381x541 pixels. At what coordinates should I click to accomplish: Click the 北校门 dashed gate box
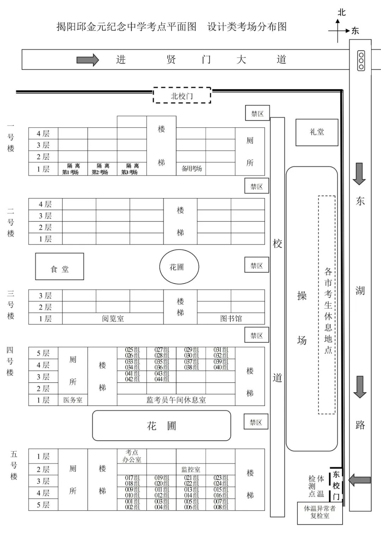tap(182, 95)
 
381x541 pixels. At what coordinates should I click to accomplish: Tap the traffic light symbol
tap(361, 60)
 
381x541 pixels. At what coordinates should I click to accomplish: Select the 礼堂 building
tap(317, 133)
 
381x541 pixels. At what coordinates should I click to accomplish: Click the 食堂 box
tap(60, 266)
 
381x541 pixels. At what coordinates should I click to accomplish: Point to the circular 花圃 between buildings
tap(179, 267)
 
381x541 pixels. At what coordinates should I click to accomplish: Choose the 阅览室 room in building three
tap(113, 319)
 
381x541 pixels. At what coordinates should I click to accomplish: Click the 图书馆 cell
tap(231, 319)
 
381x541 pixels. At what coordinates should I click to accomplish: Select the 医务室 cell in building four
tap(73, 400)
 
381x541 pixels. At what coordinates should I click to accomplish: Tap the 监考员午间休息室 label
tap(176, 400)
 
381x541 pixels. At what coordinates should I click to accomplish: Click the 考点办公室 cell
tap(132, 456)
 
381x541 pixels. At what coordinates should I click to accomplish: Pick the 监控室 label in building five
tap(191, 469)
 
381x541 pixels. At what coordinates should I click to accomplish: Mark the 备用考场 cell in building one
tap(191, 169)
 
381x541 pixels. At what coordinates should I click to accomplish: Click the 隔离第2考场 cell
tap(103, 169)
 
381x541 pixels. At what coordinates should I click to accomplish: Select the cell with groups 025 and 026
tap(132, 353)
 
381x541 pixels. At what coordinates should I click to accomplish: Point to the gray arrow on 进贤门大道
tap(88, 60)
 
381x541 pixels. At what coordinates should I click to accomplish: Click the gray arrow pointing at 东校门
tap(359, 480)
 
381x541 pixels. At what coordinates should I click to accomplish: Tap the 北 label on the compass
tap(341, 12)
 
